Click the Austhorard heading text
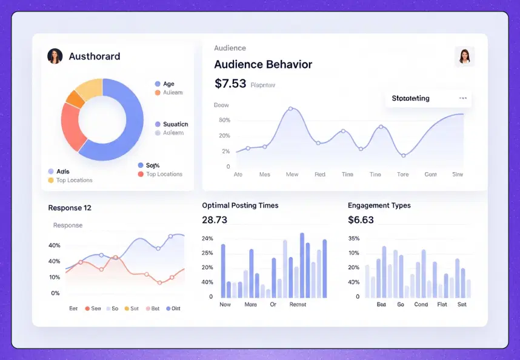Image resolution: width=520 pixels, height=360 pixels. click(x=94, y=56)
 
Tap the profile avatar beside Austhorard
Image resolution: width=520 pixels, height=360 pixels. click(x=55, y=56)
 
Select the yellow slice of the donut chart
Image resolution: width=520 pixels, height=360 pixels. click(x=89, y=89)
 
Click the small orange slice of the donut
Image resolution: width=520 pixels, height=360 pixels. click(x=75, y=98)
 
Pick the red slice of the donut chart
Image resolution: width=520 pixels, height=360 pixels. click(x=71, y=126)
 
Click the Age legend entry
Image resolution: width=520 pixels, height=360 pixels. click(x=168, y=84)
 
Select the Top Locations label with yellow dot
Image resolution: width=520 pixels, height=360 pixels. click(x=74, y=180)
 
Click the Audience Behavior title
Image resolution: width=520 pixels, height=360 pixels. click(x=263, y=64)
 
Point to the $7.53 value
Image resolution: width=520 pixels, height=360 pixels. click(x=230, y=84)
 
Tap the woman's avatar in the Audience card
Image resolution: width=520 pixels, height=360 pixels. click(x=464, y=56)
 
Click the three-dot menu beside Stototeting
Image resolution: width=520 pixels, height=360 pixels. click(x=463, y=98)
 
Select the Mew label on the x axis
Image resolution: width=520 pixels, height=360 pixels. click(x=292, y=175)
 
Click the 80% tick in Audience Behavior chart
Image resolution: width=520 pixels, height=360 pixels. click(x=224, y=120)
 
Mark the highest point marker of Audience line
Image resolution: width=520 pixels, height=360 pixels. click(x=291, y=108)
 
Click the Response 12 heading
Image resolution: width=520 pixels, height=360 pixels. click(x=70, y=208)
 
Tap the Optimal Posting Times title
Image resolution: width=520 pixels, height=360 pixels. click(x=240, y=205)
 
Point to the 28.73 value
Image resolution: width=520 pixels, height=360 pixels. click(x=215, y=219)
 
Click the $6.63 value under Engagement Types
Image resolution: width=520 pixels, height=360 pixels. click(x=361, y=219)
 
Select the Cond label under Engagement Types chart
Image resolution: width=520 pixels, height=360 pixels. click(x=421, y=304)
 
